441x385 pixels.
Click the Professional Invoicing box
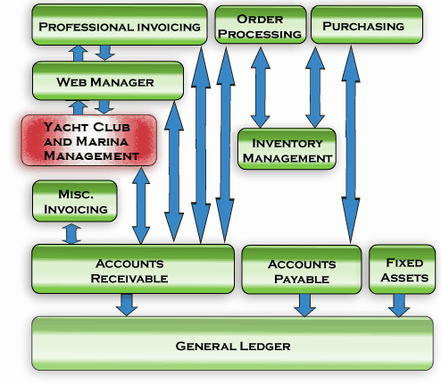(x=120, y=25)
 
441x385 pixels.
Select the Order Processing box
(x=258, y=25)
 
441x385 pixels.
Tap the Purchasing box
(x=362, y=25)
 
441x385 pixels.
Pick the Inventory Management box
(x=286, y=149)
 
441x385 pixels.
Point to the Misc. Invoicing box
(x=75, y=201)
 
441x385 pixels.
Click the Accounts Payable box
(x=301, y=270)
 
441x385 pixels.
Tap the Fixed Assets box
(x=403, y=270)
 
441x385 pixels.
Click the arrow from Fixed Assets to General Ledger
(x=399, y=305)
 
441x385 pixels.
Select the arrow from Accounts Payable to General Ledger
(x=304, y=305)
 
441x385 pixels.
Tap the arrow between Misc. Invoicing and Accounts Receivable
(x=70, y=233)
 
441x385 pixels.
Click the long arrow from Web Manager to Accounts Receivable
(x=174, y=156)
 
